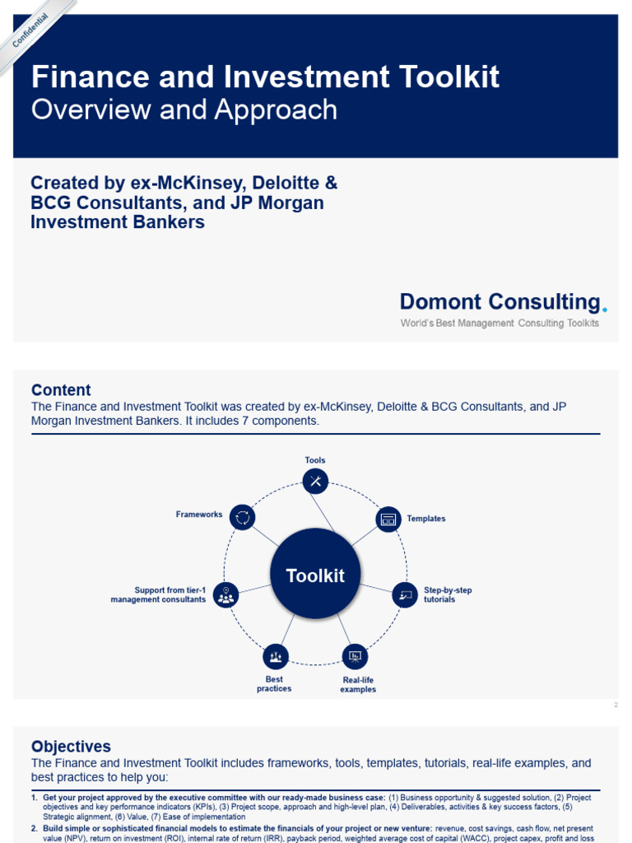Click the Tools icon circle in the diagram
(x=315, y=481)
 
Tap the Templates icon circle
(x=388, y=519)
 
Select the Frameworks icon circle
(x=242, y=517)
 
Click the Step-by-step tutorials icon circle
(x=404, y=594)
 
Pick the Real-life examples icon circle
(x=355, y=656)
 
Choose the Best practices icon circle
(x=276, y=656)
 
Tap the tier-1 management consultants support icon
(x=225, y=594)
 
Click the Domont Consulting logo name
(x=500, y=302)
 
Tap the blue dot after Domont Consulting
(x=605, y=310)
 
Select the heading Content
(x=61, y=390)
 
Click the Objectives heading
(x=71, y=747)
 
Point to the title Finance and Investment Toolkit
(x=265, y=77)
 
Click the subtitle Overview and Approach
(x=184, y=110)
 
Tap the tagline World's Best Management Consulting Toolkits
(x=500, y=324)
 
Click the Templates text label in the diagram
(x=426, y=519)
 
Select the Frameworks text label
(x=199, y=515)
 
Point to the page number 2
(x=616, y=705)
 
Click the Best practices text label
(x=274, y=684)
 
